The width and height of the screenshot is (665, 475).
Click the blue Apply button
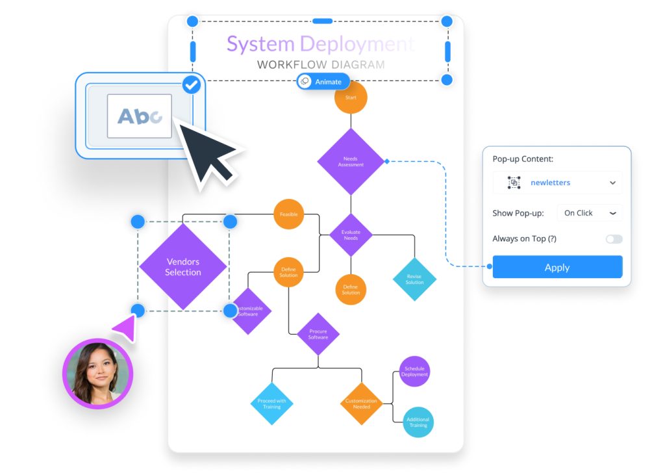tap(557, 267)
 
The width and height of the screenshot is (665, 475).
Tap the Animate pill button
tap(323, 82)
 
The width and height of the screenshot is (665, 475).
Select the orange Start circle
tap(351, 97)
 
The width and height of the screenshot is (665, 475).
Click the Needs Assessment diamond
tap(351, 161)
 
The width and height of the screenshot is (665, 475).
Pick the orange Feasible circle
tap(289, 214)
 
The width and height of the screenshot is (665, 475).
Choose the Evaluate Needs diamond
tap(351, 235)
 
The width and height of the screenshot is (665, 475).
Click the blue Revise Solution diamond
tap(414, 279)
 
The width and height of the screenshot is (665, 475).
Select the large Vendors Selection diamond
tap(183, 266)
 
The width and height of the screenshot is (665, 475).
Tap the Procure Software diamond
tap(318, 334)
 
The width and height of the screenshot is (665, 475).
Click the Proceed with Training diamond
tap(271, 404)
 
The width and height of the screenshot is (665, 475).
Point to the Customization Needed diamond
tap(361, 404)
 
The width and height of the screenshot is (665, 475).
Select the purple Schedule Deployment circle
tap(414, 372)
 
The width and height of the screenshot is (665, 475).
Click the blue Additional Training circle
tap(418, 422)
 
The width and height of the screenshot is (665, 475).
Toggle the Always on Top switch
tap(614, 239)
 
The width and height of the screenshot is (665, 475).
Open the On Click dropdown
tap(589, 213)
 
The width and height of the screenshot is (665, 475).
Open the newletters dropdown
tap(557, 183)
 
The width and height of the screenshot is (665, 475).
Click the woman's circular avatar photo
tap(97, 373)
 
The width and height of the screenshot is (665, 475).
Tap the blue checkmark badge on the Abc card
tap(191, 84)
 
